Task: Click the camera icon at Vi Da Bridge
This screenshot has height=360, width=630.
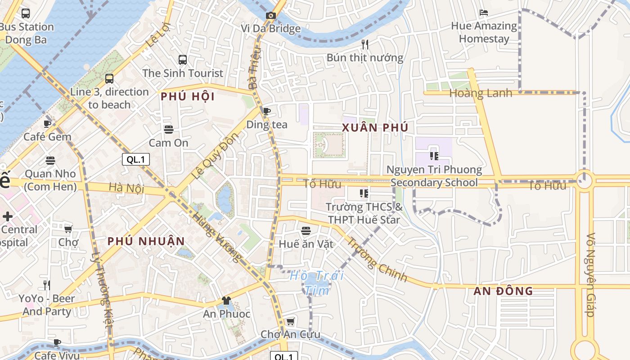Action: (270, 16)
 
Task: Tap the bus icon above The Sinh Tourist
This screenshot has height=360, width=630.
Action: (183, 60)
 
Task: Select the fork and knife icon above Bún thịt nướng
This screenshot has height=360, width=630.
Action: (365, 44)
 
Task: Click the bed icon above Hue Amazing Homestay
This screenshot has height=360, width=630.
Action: (484, 13)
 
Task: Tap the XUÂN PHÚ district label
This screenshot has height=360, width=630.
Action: (375, 128)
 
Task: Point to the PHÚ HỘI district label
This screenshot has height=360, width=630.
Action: (188, 97)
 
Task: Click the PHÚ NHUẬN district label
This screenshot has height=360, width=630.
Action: (146, 241)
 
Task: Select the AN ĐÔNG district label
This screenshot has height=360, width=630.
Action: (503, 291)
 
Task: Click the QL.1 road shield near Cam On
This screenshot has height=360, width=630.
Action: (135, 159)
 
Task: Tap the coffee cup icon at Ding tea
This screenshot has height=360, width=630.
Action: (266, 111)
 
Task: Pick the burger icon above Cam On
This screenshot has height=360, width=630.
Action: (169, 130)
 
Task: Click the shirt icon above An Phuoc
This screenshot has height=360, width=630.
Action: (226, 301)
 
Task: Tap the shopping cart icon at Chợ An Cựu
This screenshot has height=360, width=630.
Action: (291, 321)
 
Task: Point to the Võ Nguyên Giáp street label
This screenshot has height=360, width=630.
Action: (591, 274)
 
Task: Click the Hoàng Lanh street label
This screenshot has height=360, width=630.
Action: (481, 93)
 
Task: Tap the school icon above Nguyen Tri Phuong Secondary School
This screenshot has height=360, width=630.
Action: (434, 156)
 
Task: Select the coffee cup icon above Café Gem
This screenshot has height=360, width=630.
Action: (47, 123)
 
